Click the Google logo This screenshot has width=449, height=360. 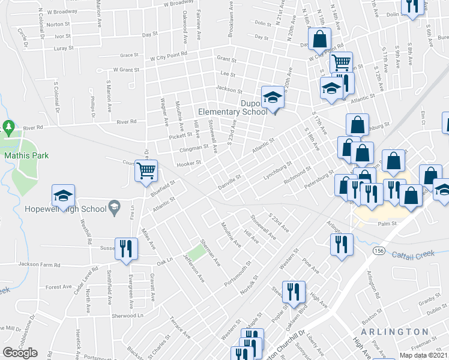pos(20,353)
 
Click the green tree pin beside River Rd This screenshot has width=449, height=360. pos(8,127)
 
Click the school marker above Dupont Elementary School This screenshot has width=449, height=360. pos(272,98)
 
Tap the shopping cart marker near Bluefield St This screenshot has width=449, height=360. pos(146,172)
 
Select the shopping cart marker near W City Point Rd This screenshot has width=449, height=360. pos(341,62)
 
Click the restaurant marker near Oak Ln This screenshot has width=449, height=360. pos(125,248)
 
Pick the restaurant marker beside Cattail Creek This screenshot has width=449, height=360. pos(342,244)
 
